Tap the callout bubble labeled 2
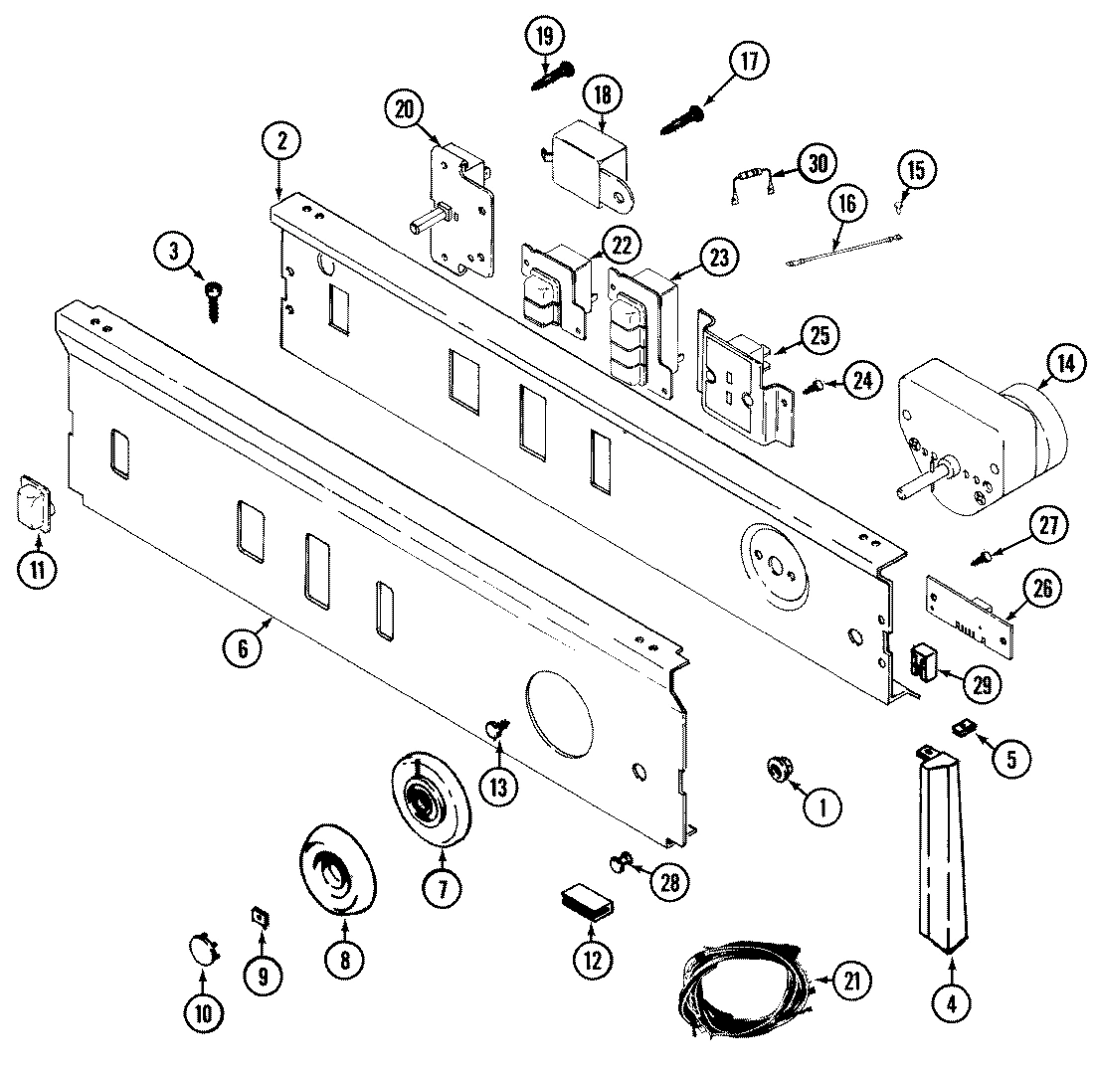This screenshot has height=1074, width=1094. click(281, 142)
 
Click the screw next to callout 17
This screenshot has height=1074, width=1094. click(684, 118)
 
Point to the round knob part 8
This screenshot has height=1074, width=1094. click(340, 867)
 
